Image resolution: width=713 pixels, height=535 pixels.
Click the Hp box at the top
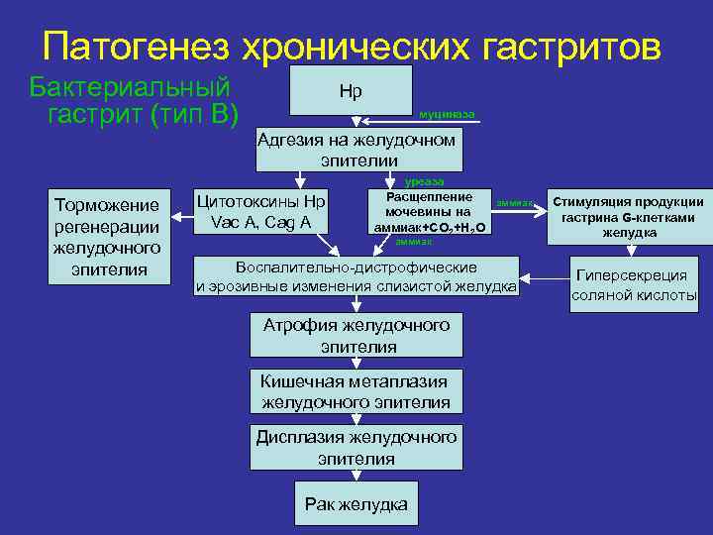(x=351, y=91)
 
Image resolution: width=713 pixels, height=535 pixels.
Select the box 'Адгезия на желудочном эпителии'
(x=357, y=150)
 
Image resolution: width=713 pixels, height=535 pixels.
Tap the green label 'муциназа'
(x=447, y=115)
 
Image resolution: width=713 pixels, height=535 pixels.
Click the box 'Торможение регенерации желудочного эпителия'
(x=107, y=237)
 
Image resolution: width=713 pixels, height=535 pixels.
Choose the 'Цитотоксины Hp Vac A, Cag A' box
(x=260, y=212)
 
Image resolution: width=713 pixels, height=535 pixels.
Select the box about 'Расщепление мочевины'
(x=429, y=212)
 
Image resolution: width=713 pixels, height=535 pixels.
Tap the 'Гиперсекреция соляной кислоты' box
(x=634, y=285)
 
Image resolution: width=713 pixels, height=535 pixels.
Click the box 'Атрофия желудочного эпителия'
(x=356, y=336)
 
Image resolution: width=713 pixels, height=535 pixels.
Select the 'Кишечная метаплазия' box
(x=356, y=392)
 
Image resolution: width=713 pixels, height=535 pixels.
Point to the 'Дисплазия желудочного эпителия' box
(x=356, y=448)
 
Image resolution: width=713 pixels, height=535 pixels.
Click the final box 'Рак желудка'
(x=356, y=504)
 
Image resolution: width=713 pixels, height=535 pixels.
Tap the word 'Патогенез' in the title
(x=136, y=46)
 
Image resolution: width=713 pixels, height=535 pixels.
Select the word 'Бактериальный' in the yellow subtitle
(x=131, y=86)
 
